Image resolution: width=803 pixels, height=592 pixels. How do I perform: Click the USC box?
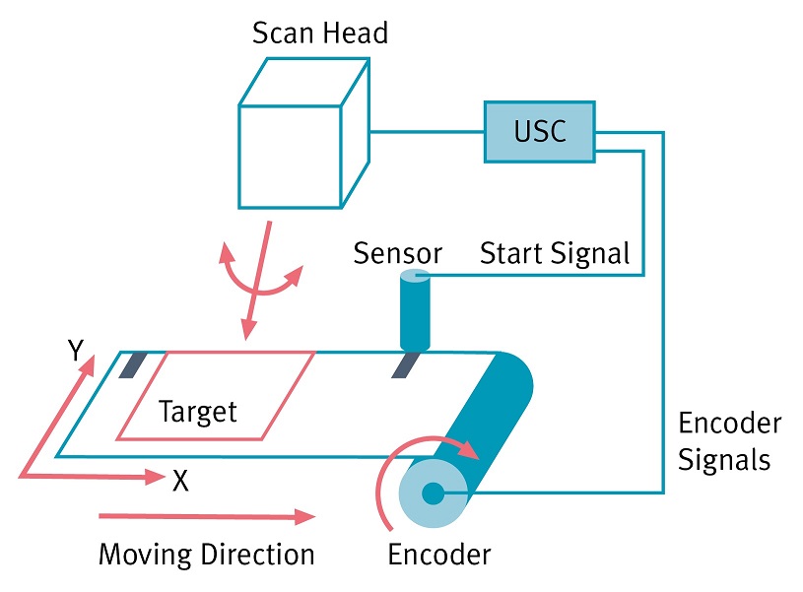pos(540,131)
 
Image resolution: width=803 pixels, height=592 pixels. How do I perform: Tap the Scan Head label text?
pos(320,33)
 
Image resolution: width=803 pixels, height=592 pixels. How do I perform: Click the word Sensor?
pos(397,254)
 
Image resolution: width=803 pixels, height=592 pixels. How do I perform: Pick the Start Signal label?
pos(555,254)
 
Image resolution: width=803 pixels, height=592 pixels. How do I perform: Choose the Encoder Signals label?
pos(730,441)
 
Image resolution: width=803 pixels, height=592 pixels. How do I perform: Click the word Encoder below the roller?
pos(438,555)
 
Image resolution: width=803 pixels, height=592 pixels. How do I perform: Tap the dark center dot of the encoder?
pos(433,493)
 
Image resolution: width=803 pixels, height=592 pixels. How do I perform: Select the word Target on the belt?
pos(198,410)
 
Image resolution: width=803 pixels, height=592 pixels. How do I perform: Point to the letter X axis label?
pos(180,482)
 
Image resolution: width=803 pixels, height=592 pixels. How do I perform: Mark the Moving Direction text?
pos(206,555)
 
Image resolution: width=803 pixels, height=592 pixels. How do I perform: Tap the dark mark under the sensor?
pos(403,365)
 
